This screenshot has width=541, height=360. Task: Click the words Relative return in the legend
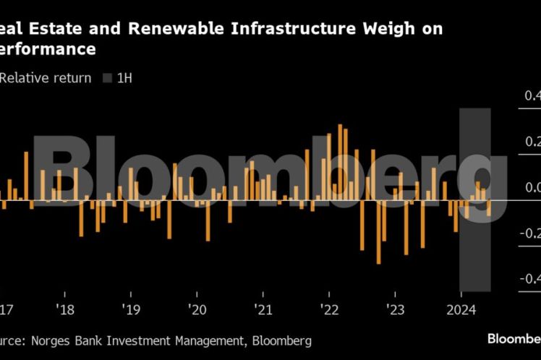[45, 78]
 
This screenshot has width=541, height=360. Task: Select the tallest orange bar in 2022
[340, 162]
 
